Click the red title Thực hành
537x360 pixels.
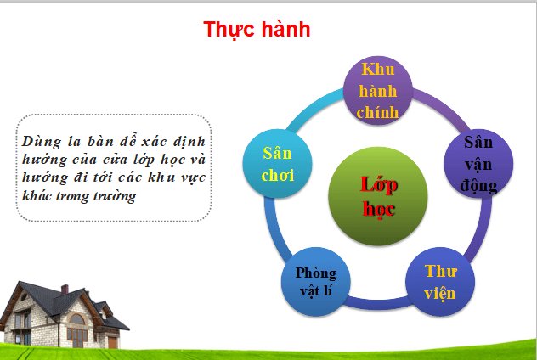257,29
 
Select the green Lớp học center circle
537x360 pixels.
366,196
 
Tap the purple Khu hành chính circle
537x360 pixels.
378,90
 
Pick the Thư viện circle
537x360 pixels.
440,284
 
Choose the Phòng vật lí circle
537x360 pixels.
316,284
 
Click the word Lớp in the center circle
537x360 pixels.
367,184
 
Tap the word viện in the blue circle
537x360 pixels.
440,295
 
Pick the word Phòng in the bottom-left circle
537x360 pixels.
316,273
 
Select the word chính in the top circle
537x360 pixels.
378,109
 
